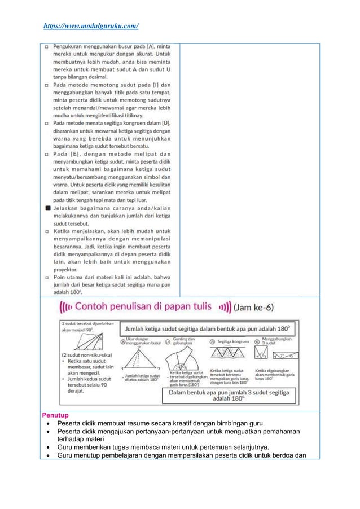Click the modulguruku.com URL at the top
click(x=91, y=26)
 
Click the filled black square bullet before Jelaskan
click(x=49, y=208)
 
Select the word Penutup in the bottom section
click(x=56, y=415)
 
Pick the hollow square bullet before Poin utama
click(x=49, y=278)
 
